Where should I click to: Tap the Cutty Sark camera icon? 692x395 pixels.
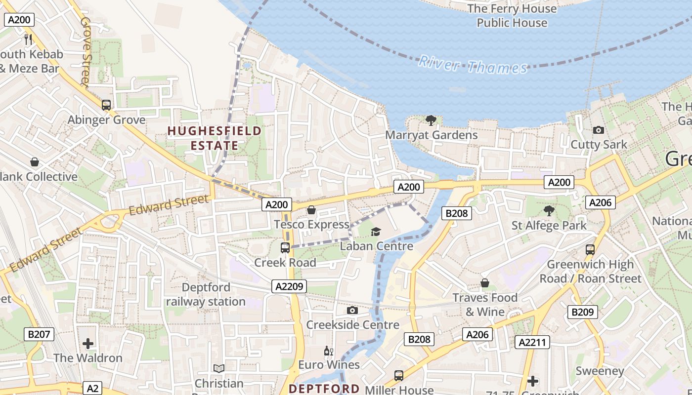pyautogui.click(x=599, y=130)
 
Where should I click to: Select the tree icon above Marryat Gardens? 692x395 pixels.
pyautogui.click(x=431, y=120)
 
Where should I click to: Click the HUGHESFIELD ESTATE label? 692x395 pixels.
pyautogui.click(x=215, y=138)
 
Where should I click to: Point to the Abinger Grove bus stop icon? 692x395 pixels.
pyautogui.click(x=106, y=105)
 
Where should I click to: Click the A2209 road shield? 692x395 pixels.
pyautogui.click(x=289, y=286)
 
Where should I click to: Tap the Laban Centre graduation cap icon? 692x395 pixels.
pyautogui.click(x=376, y=231)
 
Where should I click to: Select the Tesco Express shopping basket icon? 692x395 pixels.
pyautogui.click(x=311, y=210)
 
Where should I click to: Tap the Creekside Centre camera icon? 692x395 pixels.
pyautogui.click(x=352, y=310)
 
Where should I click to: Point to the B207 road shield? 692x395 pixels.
pyautogui.click(x=39, y=334)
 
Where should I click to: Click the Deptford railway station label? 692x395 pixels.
pyautogui.click(x=206, y=294)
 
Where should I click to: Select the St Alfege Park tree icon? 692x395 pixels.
pyautogui.click(x=549, y=211)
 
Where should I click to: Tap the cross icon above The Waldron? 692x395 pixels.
pyautogui.click(x=88, y=343)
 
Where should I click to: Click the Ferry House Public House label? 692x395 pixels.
pyautogui.click(x=512, y=15)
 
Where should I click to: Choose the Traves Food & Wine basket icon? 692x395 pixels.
pyautogui.click(x=485, y=283)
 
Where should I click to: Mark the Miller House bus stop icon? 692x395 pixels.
pyautogui.click(x=399, y=375)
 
